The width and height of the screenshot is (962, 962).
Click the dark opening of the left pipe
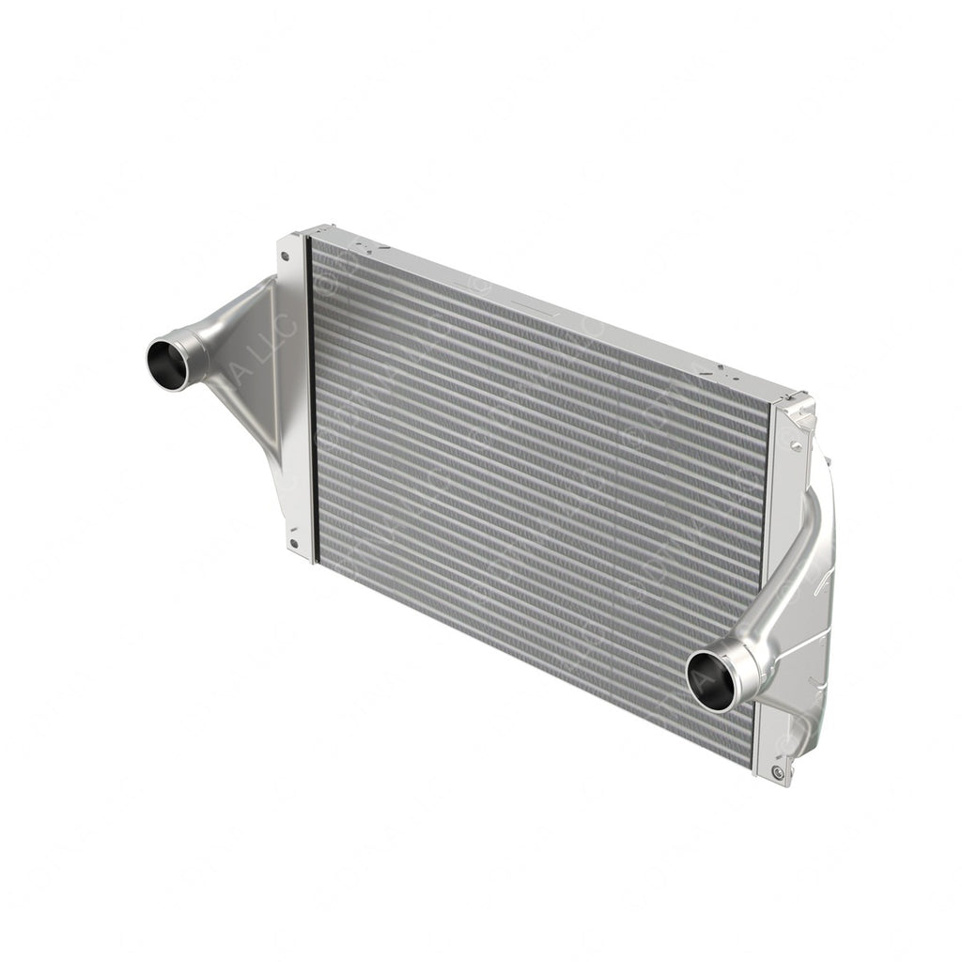[167, 365]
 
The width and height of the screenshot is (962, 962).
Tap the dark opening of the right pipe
[710, 681]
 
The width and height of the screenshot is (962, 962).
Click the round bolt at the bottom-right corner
[777, 772]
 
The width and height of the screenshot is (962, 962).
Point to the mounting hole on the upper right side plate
[796, 446]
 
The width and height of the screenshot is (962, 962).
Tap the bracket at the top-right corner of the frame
[799, 411]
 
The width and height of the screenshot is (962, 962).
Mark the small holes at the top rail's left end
[372, 249]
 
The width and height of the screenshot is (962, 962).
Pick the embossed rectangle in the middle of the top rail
[526, 302]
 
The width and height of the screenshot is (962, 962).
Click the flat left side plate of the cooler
[293, 395]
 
